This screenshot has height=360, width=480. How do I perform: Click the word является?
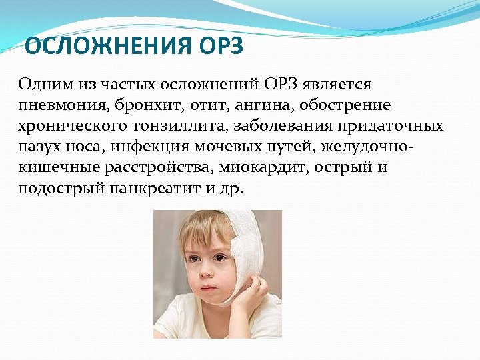[337, 85]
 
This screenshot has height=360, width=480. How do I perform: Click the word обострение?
[346, 106]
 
